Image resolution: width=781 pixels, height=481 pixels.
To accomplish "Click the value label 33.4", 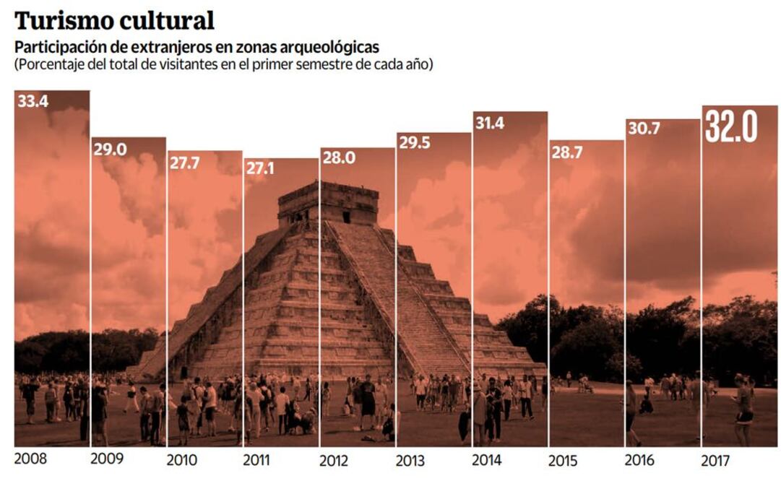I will (33, 102).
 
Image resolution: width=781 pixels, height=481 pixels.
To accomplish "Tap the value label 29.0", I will (109, 149).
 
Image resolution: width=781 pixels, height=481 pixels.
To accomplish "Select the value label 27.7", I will (185, 163).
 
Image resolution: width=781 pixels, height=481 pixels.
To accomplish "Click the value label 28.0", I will (338, 158).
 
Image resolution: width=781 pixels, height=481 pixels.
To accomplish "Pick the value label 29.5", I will (414, 143).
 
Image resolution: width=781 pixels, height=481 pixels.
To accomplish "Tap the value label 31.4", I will (490, 123).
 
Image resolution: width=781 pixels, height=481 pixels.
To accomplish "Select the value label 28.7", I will (566, 152).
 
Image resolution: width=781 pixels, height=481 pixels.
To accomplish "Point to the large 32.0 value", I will (731, 126).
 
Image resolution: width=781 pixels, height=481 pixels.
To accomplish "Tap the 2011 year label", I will (257, 460).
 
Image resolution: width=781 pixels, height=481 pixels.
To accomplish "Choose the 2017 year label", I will (716, 460).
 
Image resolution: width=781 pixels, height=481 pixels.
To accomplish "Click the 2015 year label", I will (564, 460).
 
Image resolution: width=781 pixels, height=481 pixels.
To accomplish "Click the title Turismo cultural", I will (114, 20).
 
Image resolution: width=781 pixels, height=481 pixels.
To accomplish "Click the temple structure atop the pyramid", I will (328, 202).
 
